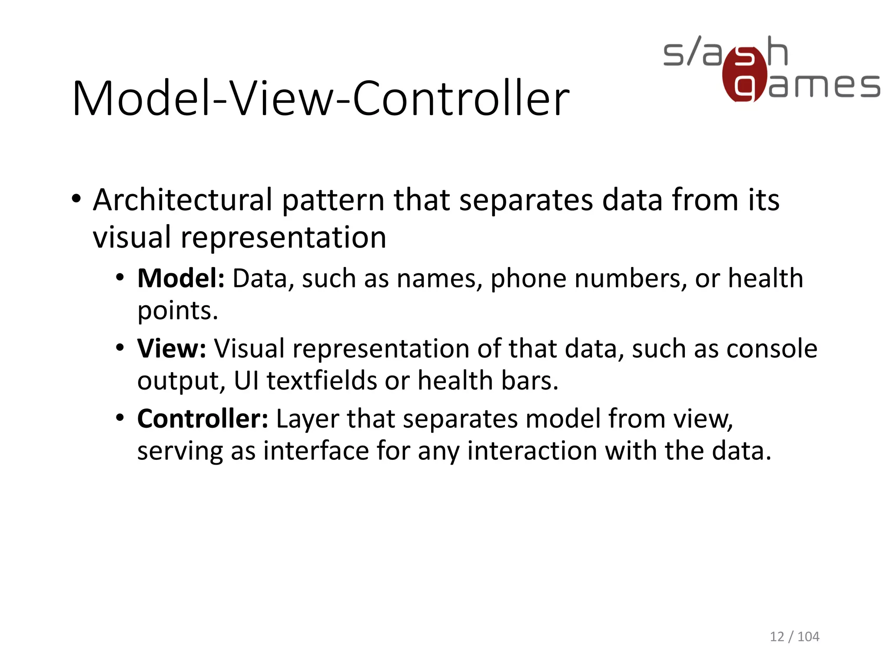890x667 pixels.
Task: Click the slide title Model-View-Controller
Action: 321,99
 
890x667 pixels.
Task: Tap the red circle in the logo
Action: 744,75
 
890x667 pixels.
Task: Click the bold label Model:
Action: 181,278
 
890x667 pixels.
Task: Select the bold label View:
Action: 172,349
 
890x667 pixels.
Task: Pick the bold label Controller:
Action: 203,419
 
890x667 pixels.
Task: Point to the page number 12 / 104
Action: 794,637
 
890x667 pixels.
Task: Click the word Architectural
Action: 183,200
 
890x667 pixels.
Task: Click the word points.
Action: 177,311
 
